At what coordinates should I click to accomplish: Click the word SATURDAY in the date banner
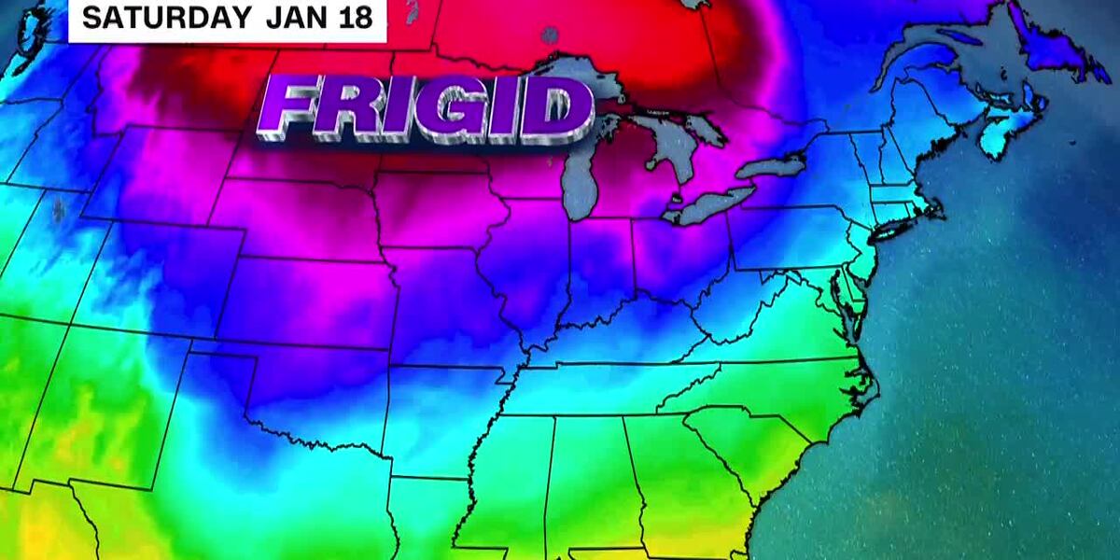(x=165, y=17)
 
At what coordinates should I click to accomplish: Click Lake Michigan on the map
(x=583, y=177)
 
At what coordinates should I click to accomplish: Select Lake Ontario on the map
(x=771, y=168)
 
